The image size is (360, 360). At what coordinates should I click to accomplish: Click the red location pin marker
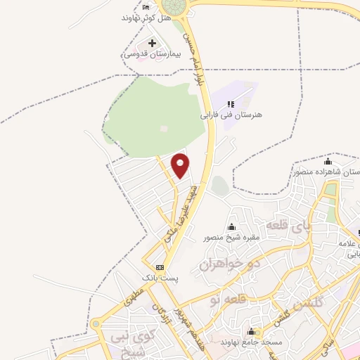tap(181, 165)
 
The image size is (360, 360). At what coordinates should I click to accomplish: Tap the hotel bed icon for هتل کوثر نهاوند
tap(146, 6)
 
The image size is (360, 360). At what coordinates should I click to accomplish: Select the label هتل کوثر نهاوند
tap(146, 17)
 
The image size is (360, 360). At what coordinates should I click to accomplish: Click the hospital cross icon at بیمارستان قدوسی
tap(152, 44)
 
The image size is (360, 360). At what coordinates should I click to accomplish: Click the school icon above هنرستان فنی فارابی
tap(230, 104)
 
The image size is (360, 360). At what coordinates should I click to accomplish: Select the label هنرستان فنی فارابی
tap(230, 115)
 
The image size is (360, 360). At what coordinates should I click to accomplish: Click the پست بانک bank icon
tap(160, 267)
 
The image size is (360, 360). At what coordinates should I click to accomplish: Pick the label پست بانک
tap(160, 278)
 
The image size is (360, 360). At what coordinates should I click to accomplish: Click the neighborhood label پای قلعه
tap(287, 226)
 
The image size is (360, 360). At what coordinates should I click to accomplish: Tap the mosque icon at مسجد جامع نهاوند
tap(250, 330)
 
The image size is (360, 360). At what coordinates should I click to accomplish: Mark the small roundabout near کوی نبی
tap(96, 324)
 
